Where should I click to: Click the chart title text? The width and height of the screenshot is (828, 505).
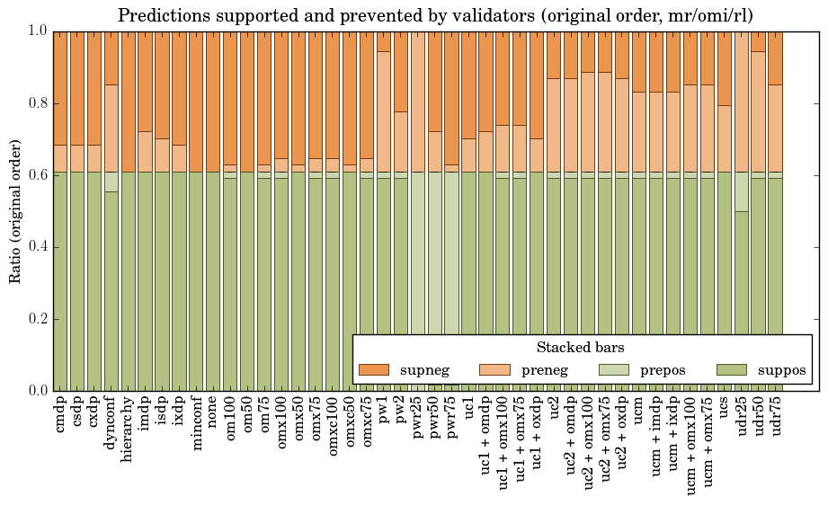click(435, 15)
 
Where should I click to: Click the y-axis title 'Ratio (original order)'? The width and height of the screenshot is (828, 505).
click(15, 210)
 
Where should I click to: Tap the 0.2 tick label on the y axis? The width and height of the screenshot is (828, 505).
click(39, 319)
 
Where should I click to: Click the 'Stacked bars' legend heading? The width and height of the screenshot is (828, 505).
click(581, 348)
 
